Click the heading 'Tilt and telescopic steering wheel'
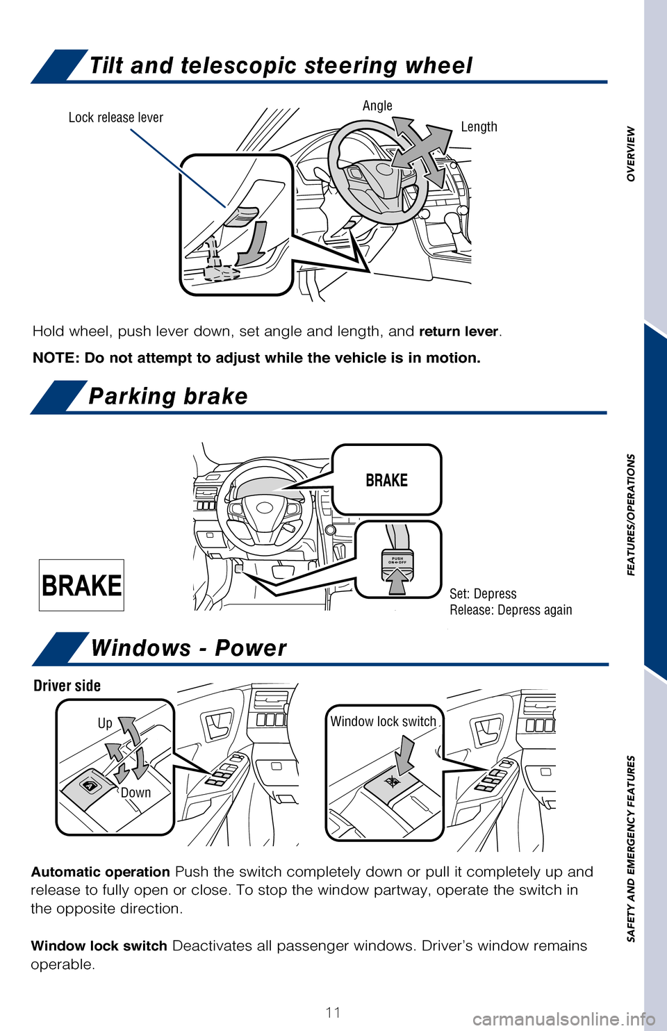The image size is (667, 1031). (281, 66)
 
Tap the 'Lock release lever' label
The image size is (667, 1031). (116, 117)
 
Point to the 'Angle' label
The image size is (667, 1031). (377, 106)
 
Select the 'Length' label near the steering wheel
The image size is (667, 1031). (479, 126)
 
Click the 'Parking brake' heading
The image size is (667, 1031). (168, 396)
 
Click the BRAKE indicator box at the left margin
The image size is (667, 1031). (81, 585)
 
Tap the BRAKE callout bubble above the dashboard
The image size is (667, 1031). (386, 480)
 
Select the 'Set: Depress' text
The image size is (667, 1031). (483, 594)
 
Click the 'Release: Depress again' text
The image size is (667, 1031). (511, 610)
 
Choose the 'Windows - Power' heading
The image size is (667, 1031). (188, 648)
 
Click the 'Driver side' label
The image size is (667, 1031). (67, 686)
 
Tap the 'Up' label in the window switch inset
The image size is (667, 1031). (105, 723)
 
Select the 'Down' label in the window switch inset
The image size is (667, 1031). (135, 793)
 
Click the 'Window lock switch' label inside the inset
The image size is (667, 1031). (383, 722)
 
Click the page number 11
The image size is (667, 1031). (333, 1012)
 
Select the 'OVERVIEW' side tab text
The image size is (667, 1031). (631, 154)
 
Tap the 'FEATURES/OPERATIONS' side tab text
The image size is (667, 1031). (631, 515)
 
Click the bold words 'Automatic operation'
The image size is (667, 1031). (101, 872)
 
